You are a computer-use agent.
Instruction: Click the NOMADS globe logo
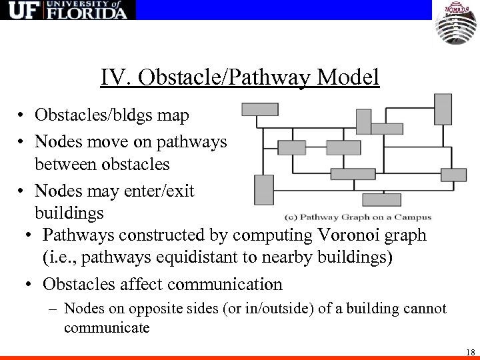tap(457, 24)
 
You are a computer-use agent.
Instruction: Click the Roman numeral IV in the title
tap(111, 78)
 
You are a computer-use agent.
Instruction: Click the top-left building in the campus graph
tap(260, 109)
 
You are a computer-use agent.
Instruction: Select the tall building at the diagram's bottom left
tap(264, 189)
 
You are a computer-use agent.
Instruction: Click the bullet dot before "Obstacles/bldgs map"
tap(23, 116)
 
